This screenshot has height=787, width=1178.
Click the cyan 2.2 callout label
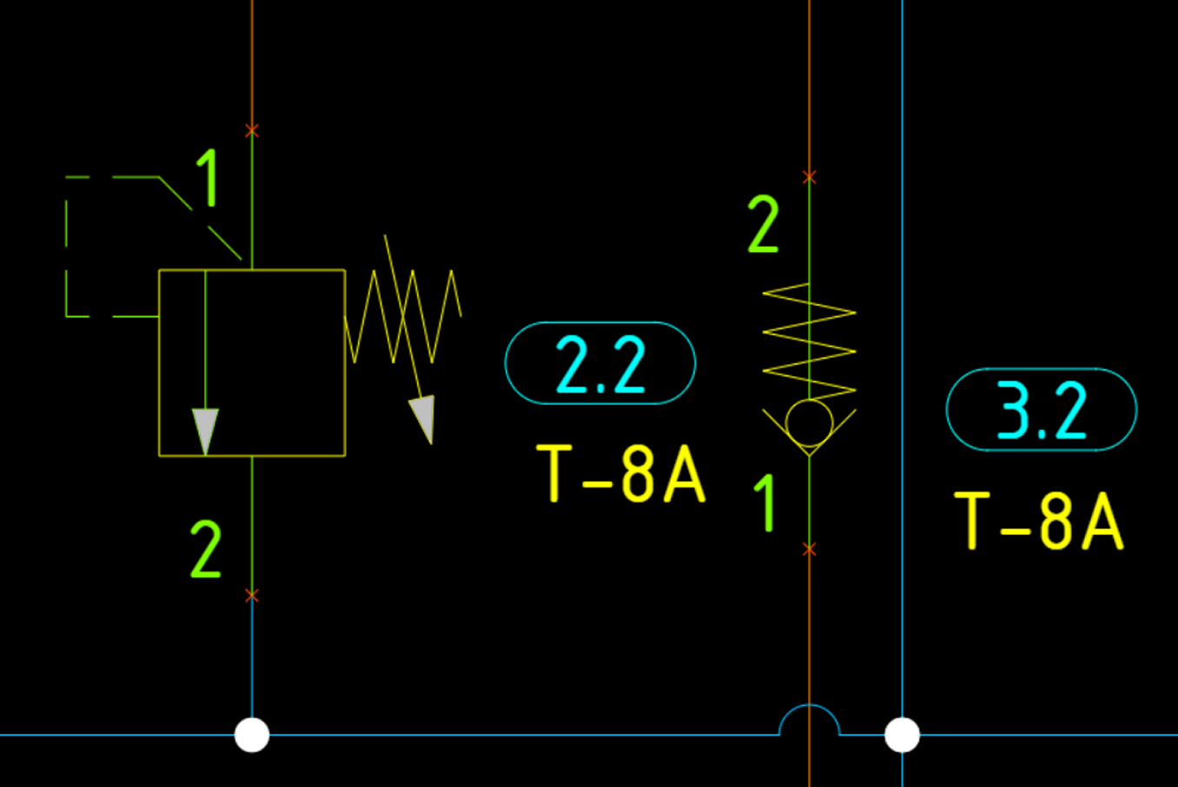[600, 363]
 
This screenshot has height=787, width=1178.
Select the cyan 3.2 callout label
[1041, 410]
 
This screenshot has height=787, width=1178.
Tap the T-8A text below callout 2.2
[620, 474]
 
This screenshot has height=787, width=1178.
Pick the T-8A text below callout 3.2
[1038, 521]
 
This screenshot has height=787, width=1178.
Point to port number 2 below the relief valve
[206, 550]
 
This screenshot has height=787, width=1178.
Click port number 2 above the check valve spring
[764, 224]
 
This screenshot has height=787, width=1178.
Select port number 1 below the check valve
[764, 502]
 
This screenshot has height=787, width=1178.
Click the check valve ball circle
[809, 423]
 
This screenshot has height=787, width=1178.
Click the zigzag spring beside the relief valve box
[402, 316]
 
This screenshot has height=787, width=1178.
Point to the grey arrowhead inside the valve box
[206, 430]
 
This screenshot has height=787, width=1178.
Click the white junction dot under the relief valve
[252, 735]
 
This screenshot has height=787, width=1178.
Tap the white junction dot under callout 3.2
[902, 735]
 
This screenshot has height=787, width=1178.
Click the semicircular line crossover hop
[809, 719]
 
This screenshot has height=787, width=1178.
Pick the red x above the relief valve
[252, 131]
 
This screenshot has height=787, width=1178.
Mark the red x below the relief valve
[252, 596]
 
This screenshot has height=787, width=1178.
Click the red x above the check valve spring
[809, 177]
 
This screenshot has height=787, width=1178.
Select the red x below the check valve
[809, 549]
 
